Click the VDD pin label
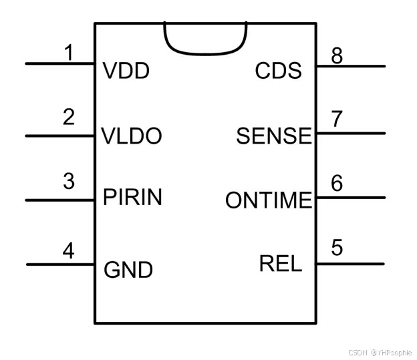click(126, 71)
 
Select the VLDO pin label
click(132, 136)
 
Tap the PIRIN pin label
click(132, 197)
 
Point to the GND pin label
click(128, 270)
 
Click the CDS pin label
click(279, 70)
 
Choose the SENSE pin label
click(274, 136)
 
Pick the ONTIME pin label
click(269, 200)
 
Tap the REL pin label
click(281, 263)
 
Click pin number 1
click(69, 52)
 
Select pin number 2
click(69, 117)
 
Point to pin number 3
click(69, 181)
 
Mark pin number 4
click(68, 250)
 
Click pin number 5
click(337, 247)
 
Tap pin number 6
click(337, 183)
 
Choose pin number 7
click(337, 119)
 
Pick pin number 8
click(337, 56)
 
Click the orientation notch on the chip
click(205, 54)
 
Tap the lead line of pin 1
click(60, 64)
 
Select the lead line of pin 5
click(351, 264)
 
